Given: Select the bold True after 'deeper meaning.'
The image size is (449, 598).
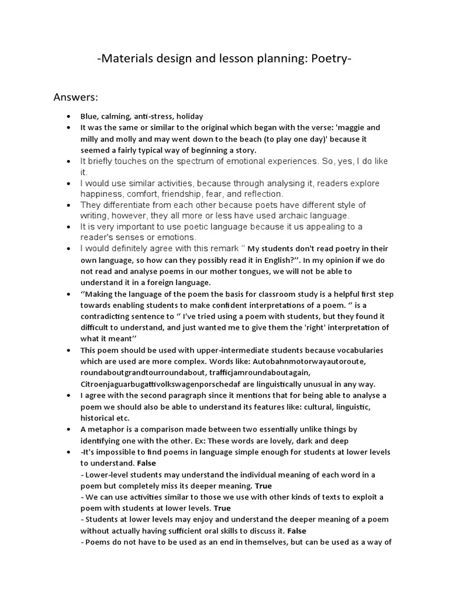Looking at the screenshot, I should click(x=263, y=485).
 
